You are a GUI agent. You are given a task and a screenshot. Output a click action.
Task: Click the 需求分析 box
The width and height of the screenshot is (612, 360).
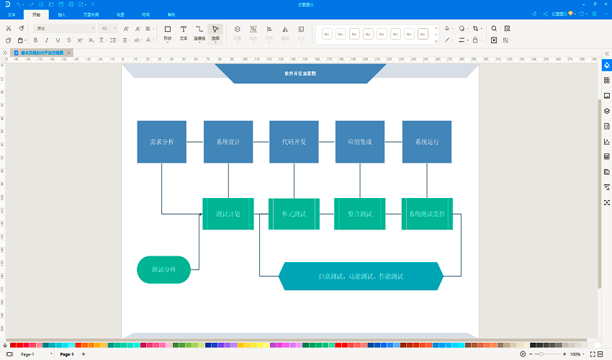tap(161, 142)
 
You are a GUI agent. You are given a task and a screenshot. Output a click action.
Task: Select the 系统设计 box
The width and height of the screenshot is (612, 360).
tap(228, 142)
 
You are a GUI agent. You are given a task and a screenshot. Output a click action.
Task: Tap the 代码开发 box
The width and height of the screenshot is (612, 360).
tap(294, 142)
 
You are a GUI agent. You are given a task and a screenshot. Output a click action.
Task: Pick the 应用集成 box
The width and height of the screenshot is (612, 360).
tap(359, 142)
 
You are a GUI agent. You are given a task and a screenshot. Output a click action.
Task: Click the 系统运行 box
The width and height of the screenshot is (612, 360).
tap(426, 142)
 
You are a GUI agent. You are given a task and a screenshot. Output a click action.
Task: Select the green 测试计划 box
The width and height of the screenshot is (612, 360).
tap(228, 214)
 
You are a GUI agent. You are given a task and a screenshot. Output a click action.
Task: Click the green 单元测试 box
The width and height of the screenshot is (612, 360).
tap(294, 214)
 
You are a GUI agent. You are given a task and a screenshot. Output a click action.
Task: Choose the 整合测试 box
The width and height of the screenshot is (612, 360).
tap(359, 214)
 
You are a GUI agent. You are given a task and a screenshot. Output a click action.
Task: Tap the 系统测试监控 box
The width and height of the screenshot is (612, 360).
tap(426, 214)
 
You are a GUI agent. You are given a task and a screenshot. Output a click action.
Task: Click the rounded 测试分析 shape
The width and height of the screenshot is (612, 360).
tap(163, 270)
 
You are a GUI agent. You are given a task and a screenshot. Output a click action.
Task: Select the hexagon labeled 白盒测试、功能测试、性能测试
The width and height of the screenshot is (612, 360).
tap(361, 276)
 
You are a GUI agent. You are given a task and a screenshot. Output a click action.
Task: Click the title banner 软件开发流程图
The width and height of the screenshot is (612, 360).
tap(300, 73)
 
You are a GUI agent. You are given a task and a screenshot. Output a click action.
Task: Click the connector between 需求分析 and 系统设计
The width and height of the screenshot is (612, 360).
tap(194, 142)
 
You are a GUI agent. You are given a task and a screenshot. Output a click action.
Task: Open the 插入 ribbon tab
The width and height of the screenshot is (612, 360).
tap(62, 14)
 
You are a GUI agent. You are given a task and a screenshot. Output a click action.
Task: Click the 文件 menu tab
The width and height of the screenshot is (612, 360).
tap(11, 14)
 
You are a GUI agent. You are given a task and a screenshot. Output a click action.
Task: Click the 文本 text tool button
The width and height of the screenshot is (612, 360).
tap(184, 32)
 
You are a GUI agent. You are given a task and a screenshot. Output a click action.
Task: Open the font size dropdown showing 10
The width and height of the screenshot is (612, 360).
tap(114, 29)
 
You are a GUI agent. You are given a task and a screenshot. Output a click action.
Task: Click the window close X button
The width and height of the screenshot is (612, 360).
tap(603, 4)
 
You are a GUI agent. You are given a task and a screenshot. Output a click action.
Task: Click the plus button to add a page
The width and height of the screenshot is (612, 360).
tap(84, 354)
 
